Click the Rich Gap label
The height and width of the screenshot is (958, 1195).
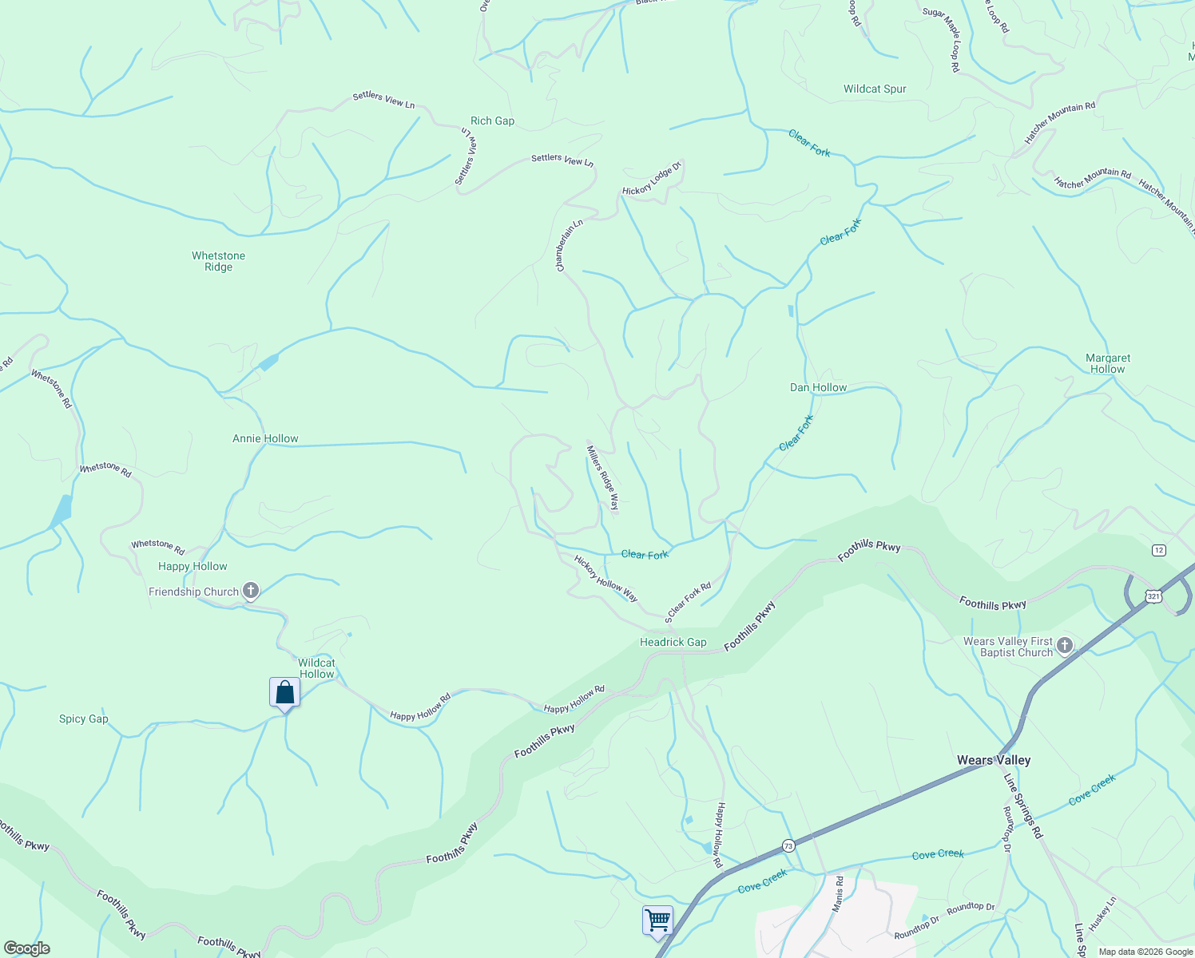pyautogui.click(x=492, y=121)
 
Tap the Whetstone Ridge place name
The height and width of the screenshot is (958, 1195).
pyautogui.click(x=218, y=262)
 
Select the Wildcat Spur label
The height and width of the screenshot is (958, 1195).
pyautogui.click(x=875, y=89)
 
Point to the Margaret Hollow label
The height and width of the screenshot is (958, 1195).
pyautogui.click(x=1108, y=364)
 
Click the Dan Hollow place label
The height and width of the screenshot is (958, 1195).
pyautogui.click(x=818, y=388)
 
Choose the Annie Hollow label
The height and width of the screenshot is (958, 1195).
pyautogui.click(x=265, y=439)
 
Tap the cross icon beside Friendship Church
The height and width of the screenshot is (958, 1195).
pyautogui.click(x=251, y=591)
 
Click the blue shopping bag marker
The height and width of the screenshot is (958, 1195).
pyautogui.click(x=284, y=693)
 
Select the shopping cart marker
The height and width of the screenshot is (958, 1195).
pyautogui.click(x=657, y=920)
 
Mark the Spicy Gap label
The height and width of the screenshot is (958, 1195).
pyautogui.click(x=84, y=719)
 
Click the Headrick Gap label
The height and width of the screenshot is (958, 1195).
pyautogui.click(x=673, y=643)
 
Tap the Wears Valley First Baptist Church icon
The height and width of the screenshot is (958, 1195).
pyautogui.click(x=1064, y=646)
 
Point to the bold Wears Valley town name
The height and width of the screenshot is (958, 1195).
pyautogui.click(x=994, y=761)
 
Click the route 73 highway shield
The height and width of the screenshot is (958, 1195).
pyautogui.click(x=788, y=845)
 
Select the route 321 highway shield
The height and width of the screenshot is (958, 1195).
pyautogui.click(x=1153, y=596)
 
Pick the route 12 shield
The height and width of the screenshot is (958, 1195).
pyautogui.click(x=1159, y=550)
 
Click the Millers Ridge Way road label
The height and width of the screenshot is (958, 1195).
pyautogui.click(x=603, y=477)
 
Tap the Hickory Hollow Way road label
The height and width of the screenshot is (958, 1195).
pyautogui.click(x=605, y=579)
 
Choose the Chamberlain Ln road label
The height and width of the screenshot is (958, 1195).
pyautogui.click(x=570, y=246)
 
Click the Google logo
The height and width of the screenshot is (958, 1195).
pyautogui.click(x=27, y=948)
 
